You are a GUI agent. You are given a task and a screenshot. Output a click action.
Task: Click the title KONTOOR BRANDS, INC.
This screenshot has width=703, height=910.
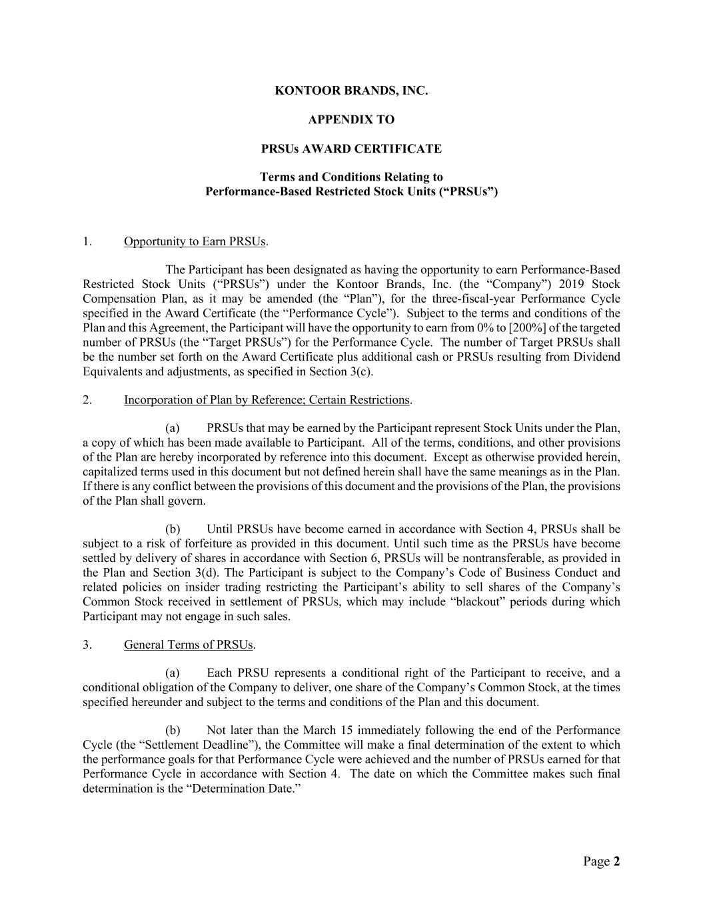[x=351, y=91]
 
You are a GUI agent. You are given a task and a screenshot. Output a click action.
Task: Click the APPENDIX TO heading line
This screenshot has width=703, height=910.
[x=351, y=120]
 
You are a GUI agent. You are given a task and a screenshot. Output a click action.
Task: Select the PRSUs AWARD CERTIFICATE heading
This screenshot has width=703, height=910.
[x=351, y=149]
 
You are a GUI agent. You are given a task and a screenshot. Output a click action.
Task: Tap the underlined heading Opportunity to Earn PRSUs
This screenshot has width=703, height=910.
[x=195, y=241]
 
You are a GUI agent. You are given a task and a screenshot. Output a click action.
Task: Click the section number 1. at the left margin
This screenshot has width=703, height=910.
[x=87, y=241]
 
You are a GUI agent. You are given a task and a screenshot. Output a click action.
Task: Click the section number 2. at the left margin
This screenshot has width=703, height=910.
[x=87, y=400]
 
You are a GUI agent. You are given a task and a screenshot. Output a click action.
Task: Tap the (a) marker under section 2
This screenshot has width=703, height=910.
[x=173, y=428]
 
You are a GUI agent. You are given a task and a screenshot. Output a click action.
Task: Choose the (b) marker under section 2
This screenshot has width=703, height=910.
[x=173, y=529]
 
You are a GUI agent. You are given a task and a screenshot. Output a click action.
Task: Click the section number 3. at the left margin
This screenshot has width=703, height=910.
[x=87, y=645]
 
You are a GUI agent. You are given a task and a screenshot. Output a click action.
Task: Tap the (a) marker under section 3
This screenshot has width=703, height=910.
[x=173, y=673]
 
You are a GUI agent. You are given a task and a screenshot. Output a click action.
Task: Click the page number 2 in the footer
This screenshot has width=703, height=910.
[x=616, y=862]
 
